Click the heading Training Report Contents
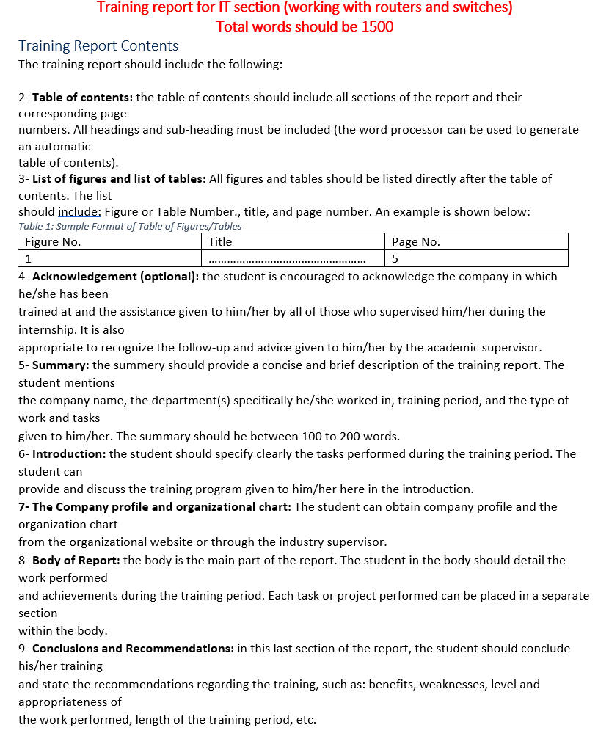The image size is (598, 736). coord(98,46)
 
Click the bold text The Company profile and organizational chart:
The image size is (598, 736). coord(155,507)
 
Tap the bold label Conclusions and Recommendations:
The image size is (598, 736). coord(133,649)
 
